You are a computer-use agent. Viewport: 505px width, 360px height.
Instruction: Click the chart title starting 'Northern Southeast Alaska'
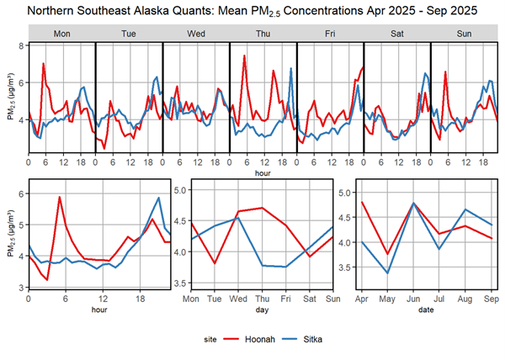coord(252,11)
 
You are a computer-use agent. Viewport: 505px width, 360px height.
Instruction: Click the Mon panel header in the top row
coord(61,34)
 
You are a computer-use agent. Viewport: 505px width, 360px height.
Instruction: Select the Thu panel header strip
coord(263,34)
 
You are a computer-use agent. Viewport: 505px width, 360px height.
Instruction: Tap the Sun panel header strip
coord(464,34)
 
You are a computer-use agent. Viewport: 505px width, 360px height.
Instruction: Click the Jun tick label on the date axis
coord(414,298)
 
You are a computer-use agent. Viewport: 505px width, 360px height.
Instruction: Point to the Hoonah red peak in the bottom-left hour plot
coord(59,197)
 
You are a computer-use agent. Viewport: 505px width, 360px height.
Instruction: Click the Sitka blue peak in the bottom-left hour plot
coord(158,198)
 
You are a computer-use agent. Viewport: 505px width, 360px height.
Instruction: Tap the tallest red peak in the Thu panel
coord(244,56)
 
